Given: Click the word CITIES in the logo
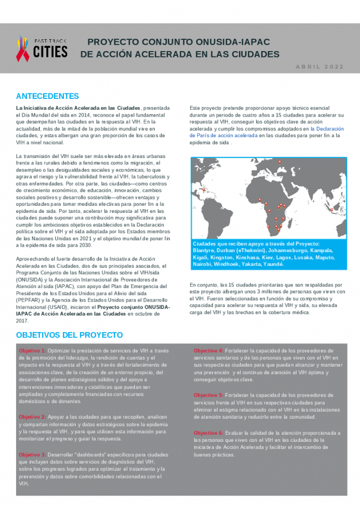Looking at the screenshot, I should [51, 52].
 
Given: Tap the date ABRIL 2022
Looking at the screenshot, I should [319, 67].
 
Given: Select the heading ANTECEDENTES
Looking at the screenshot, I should [47, 96].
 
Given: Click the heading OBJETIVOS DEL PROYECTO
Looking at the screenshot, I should [69, 335].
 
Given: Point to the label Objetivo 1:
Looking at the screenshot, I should [32, 350].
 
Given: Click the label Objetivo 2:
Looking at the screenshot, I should [32, 417].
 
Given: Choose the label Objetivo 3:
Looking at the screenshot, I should [32, 454].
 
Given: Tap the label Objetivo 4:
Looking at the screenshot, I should [208, 350].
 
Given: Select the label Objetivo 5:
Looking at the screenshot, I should [208, 395].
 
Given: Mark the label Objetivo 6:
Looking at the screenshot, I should [208, 433].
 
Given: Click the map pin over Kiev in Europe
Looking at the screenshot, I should [279, 162].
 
